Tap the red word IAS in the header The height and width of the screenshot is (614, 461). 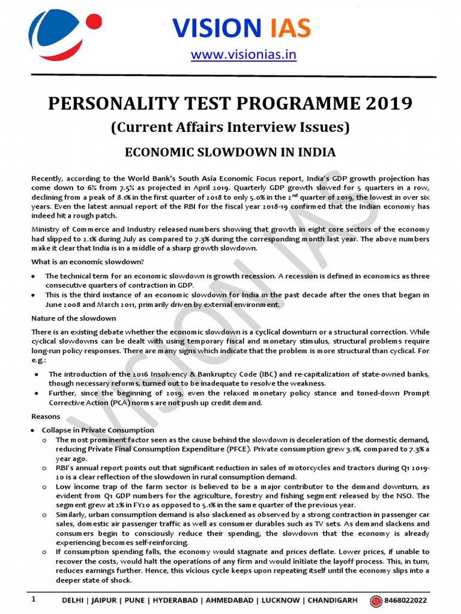pyautogui.click(x=287, y=28)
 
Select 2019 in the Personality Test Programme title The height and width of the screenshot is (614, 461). pyautogui.click(x=386, y=103)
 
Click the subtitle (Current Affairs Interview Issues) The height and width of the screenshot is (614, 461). pyautogui.click(x=230, y=127)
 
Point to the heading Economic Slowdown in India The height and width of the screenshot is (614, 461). pyautogui.click(x=230, y=152)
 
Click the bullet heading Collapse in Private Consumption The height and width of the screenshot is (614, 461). pyautogui.click(x=98, y=430)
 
